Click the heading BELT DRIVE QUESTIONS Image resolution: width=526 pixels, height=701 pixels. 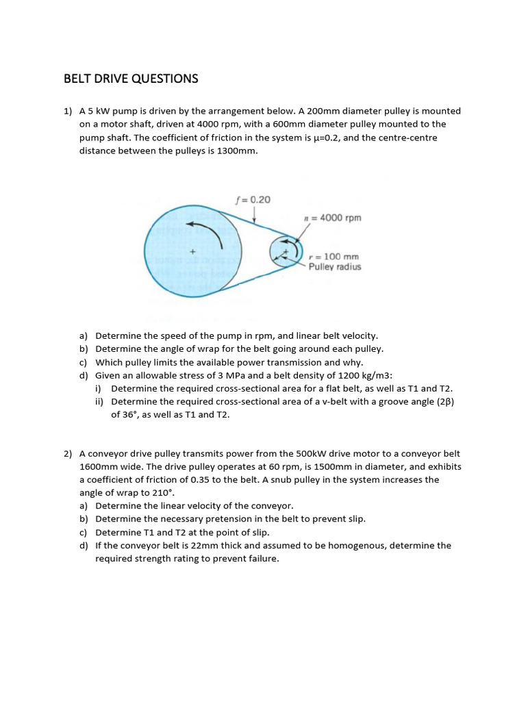(131, 79)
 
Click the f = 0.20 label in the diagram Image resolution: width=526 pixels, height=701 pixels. (253, 200)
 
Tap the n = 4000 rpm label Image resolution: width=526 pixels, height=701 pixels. (332, 218)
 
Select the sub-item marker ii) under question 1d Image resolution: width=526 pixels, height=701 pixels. (99, 402)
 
